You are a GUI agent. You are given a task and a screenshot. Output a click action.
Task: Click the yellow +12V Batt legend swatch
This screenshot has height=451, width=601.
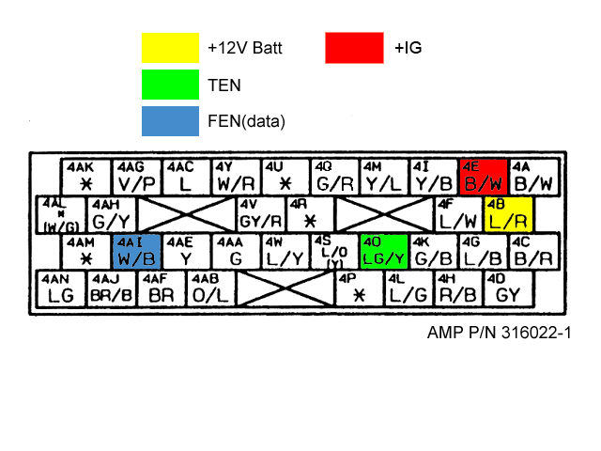pos(170,48)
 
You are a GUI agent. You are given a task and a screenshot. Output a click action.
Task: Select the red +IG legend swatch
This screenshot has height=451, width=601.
pos(354,48)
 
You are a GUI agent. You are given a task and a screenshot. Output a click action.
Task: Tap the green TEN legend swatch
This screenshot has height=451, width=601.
pos(170,85)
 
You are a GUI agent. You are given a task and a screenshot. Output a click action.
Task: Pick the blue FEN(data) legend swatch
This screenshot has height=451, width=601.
pos(170,120)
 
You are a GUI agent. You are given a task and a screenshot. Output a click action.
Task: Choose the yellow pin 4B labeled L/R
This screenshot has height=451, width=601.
pos(508,214)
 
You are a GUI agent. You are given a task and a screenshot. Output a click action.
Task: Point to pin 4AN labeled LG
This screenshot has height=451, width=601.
pos(61,288)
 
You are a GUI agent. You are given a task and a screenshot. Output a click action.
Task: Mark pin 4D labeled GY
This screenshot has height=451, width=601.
pos(508,288)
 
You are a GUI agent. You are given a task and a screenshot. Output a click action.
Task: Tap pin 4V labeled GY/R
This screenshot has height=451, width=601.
pos(261,214)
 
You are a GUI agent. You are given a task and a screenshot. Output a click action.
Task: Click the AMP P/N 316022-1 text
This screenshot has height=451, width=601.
pos(499,334)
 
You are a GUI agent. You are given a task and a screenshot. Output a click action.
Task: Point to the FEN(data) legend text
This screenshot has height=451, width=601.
pos(245,121)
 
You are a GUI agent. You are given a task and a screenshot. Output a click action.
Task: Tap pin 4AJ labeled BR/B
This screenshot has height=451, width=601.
pos(112,288)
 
